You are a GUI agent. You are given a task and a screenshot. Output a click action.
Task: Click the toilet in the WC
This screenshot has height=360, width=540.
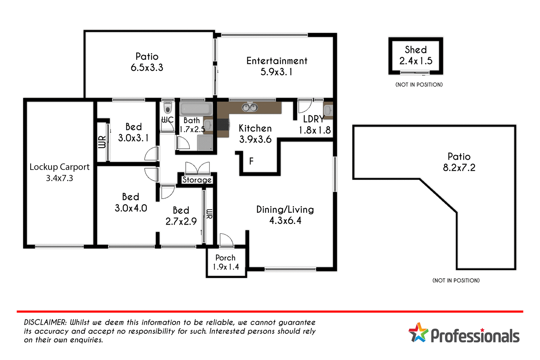[167, 108]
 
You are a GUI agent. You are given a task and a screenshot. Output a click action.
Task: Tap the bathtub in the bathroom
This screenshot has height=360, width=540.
[196, 109]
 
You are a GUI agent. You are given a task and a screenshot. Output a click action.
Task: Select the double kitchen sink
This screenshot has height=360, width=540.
[249, 107]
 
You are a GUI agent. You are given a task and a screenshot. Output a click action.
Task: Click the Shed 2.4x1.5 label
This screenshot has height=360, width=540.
[416, 55]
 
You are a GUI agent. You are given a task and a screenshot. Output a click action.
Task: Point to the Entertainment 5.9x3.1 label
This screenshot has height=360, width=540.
[277, 66]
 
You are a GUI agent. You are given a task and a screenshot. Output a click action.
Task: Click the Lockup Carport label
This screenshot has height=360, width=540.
[59, 172]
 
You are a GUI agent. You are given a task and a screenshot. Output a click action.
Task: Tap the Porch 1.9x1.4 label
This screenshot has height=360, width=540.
[226, 262]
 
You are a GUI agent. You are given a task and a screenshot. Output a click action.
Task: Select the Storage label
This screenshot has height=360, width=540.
[197, 180]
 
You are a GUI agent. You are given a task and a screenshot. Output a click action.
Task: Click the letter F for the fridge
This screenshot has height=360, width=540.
[251, 161]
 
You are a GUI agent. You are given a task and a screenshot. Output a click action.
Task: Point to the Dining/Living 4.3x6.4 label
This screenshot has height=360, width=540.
[285, 215]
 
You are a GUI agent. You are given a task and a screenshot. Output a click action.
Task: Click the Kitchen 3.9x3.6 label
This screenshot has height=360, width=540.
[255, 134]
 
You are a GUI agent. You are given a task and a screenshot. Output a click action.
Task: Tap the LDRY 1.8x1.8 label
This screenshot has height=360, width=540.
[314, 125]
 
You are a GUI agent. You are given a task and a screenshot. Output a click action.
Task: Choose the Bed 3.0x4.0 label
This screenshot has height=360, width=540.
[131, 202]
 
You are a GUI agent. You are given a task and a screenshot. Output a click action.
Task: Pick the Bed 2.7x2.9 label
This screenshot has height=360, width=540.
[181, 216]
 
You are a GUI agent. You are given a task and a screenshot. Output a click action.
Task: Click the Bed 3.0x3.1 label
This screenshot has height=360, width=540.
[133, 132]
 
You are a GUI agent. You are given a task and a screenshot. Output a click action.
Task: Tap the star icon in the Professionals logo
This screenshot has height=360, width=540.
[418, 332]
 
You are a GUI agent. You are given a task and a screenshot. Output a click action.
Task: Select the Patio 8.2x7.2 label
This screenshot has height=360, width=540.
[459, 162]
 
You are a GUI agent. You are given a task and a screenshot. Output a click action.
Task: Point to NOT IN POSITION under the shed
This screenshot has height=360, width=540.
[419, 85]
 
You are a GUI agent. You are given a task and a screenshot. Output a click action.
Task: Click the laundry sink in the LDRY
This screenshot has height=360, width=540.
[328, 111]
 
